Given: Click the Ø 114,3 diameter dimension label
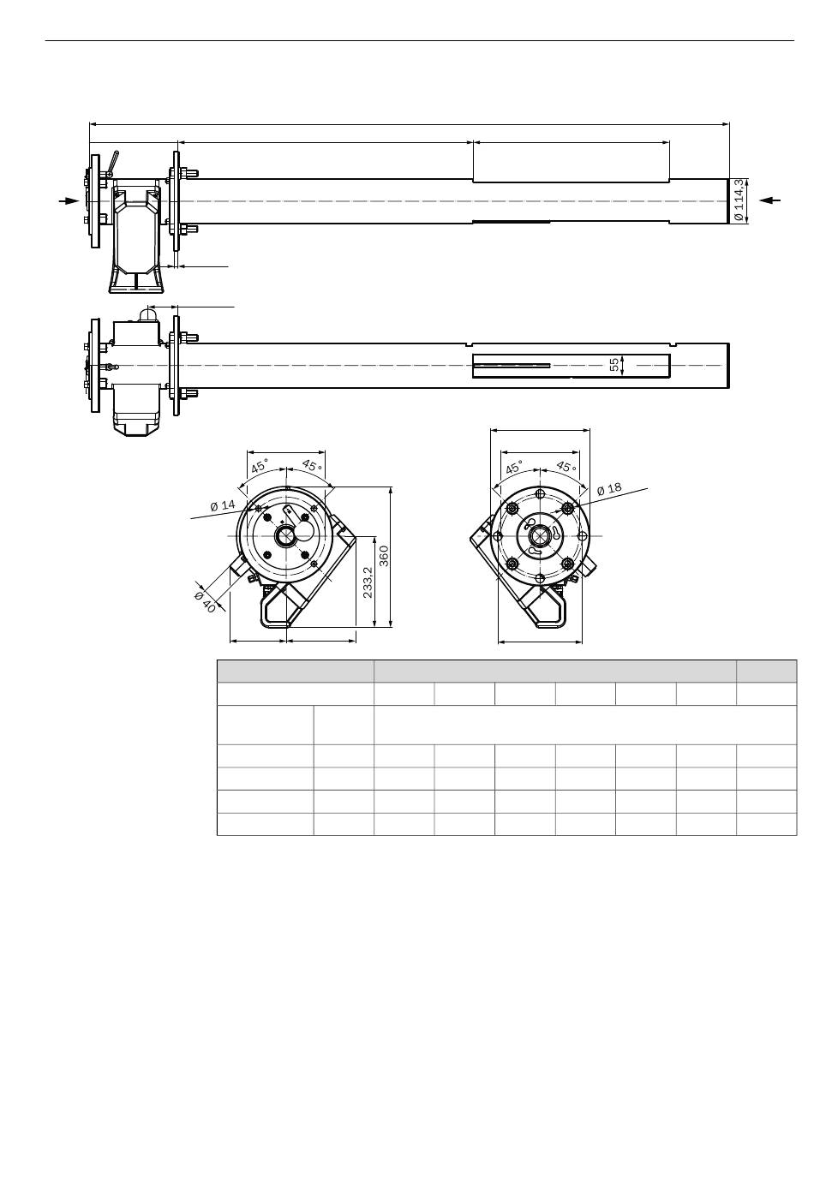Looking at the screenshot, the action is (738, 200).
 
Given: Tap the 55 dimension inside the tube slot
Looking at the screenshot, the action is (614, 365).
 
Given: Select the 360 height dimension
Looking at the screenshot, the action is (384, 556).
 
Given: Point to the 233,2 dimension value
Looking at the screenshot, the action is (368, 582).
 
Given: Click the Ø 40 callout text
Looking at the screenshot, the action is (206, 601).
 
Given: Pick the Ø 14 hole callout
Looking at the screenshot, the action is (222, 504).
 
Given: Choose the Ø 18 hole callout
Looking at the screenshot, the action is (609, 488).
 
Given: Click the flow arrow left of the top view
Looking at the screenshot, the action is (69, 200).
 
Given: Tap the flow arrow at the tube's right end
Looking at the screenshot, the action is (770, 200).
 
